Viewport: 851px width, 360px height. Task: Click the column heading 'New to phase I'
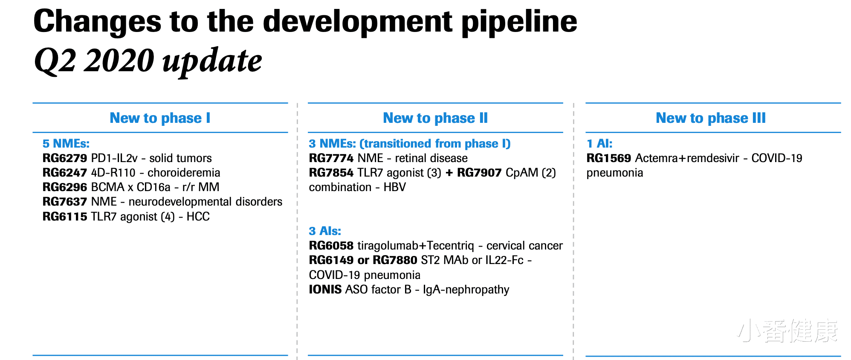[160, 118]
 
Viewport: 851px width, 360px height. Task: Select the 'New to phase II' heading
[435, 118]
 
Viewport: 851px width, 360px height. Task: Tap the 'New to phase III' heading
[711, 118]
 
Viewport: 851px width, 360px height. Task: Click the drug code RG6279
[65, 158]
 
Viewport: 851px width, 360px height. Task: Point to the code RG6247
[65, 173]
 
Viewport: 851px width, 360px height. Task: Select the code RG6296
[65, 187]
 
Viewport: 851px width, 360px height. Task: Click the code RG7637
[65, 202]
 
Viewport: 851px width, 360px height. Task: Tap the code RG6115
[65, 217]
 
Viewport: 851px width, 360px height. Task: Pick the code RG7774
[331, 158]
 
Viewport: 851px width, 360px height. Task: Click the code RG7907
[479, 173]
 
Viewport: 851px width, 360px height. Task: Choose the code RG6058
[331, 246]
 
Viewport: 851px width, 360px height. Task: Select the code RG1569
[609, 158]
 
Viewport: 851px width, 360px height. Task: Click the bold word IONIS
[325, 290]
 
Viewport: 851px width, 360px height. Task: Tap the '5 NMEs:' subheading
[66, 144]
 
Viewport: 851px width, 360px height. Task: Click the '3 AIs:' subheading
[325, 231]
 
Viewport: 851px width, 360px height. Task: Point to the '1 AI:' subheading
[599, 144]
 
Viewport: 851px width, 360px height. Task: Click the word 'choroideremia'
[184, 173]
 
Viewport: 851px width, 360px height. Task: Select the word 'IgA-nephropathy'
[466, 290]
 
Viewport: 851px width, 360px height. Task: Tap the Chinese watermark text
[787, 331]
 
